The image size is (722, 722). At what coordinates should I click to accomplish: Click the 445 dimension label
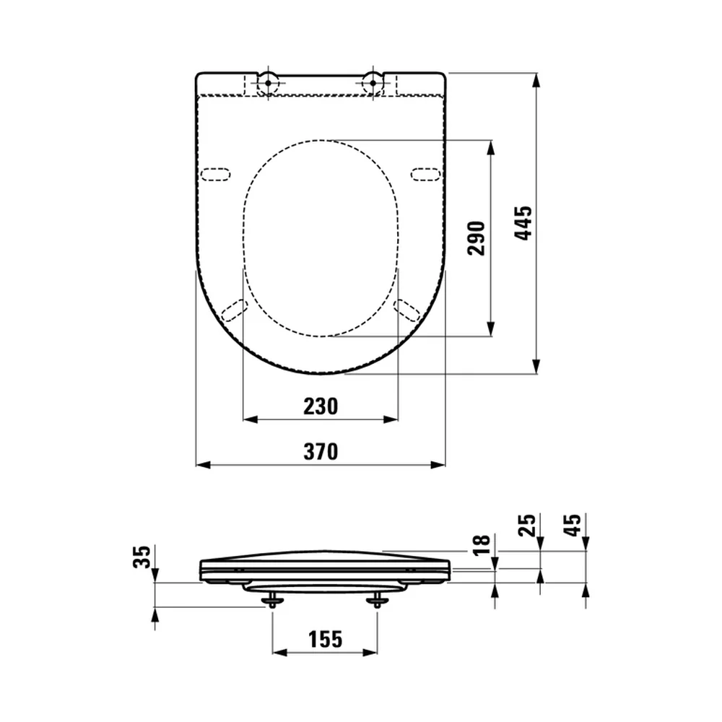click(523, 223)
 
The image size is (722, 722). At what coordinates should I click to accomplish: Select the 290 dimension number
click(477, 238)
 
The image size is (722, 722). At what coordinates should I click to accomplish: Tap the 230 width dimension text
click(321, 406)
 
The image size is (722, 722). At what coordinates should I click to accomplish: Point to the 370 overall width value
click(321, 451)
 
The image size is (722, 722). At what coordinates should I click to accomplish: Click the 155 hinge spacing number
click(325, 639)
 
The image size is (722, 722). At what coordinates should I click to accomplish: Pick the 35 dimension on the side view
click(142, 557)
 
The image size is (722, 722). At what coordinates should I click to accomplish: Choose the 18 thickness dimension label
click(482, 545)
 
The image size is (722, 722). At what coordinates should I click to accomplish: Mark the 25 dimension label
click(527, 525)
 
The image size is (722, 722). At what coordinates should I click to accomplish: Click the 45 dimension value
click(573, 525)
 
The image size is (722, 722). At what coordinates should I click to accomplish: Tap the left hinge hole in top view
click(268, 83)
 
